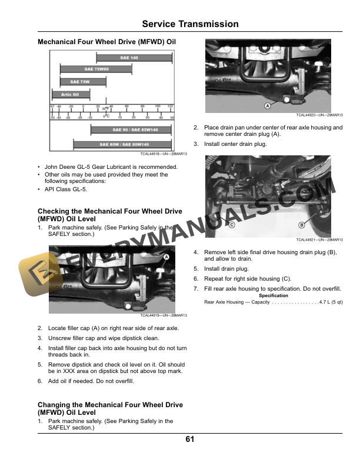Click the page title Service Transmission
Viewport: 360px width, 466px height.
click(191, 24)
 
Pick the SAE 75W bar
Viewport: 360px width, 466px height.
click(81, 82)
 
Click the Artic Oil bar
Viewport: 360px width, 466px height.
click(71, 94)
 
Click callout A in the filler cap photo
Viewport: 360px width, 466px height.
click(166, 258)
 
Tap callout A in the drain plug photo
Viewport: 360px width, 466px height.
click(267, 106)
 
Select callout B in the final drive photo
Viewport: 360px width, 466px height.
click(302, 225)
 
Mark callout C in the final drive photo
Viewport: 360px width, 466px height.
click(232, 225)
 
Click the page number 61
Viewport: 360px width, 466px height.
click(190, 440)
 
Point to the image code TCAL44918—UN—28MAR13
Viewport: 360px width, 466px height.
click(163, 154)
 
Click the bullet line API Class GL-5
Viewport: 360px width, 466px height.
click(66, 189)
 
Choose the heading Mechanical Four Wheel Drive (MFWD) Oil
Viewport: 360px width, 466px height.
click(106, 42)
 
